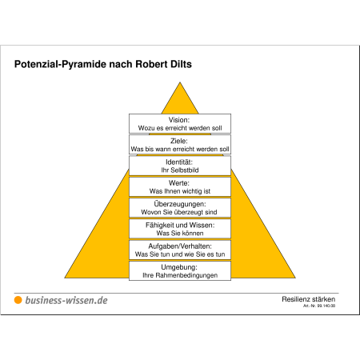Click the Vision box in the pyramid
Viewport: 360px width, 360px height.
point(180,123)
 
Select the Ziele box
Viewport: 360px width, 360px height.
point(180,145)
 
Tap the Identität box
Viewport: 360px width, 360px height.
point(180,166)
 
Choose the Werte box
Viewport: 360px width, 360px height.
point(180,186)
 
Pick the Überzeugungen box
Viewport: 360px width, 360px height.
point(180,208)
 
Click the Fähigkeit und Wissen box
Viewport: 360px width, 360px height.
point(180,229)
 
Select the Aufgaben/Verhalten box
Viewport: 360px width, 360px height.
point(180,250)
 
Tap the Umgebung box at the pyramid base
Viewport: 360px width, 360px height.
point(180,271)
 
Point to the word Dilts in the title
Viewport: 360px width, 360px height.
point(181,64)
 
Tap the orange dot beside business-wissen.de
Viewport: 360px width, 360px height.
point(18,300)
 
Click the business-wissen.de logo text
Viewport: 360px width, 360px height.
point(66,300)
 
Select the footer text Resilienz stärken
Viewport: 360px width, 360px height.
point(309,299)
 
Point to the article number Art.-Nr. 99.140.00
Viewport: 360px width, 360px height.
point(319,306)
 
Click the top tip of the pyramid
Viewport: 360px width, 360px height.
point(180,82)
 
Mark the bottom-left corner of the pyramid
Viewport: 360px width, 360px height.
point(65,278)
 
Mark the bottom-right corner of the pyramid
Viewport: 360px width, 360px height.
point(295,278)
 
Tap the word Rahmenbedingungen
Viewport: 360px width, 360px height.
point(186,275)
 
